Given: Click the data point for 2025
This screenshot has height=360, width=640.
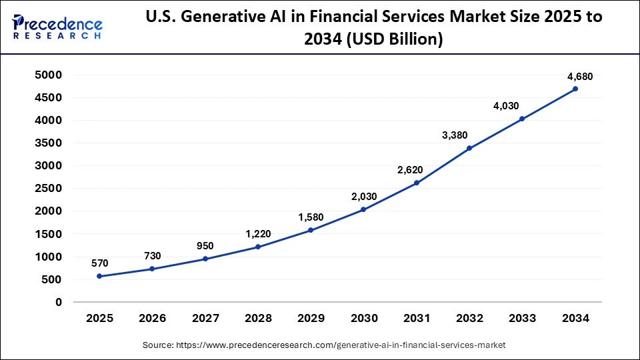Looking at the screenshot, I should [x=99, y=276].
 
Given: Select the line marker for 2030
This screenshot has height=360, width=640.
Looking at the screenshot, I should [x=363, y=209].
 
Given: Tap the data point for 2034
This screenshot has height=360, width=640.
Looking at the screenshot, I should [x=575, y=89].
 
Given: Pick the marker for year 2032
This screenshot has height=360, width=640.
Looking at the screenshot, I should [x=469, y=148].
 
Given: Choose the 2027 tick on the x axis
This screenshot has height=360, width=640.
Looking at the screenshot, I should [x=205, y=319].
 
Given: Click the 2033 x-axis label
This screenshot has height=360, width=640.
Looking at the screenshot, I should [x=522, y=319].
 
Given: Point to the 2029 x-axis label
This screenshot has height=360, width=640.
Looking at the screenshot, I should [x=311, y=319].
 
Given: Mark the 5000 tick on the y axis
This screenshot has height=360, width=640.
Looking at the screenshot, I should [x=49, y=75].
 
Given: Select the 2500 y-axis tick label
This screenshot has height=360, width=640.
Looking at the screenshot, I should [x=49, y=189].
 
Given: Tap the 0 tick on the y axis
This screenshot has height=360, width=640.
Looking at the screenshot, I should [x=58, y=302].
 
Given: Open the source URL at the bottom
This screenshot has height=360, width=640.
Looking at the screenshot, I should [x=324, y=345].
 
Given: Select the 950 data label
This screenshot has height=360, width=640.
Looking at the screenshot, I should [x=205, y=246].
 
